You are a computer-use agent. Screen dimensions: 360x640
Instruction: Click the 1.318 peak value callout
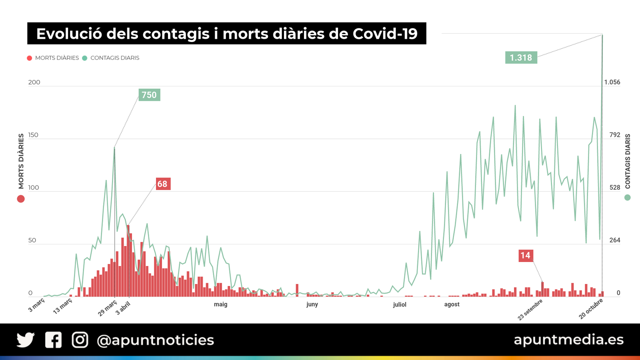521,58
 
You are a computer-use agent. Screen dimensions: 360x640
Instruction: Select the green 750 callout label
149,95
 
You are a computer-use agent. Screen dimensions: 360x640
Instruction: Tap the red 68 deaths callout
162,184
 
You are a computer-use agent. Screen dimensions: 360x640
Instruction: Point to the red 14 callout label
526,256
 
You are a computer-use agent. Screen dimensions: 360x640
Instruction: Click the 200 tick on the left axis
34,82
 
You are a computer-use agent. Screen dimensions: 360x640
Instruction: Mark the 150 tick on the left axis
34,135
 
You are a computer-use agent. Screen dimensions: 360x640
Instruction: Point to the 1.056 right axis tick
612,82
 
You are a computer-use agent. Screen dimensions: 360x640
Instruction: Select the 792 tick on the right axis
615,135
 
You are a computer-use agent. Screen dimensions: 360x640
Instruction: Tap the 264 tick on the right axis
615,240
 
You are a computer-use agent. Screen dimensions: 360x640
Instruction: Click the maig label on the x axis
220,304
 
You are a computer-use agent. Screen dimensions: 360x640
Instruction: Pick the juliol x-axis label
400,305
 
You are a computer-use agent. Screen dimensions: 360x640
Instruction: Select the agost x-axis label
452,304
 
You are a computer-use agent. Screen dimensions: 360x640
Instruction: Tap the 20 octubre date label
591,309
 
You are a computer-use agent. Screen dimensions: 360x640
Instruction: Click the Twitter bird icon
26,340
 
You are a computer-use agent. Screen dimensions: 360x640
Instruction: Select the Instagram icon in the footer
80,340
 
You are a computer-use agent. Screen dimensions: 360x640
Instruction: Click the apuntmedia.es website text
568,340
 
